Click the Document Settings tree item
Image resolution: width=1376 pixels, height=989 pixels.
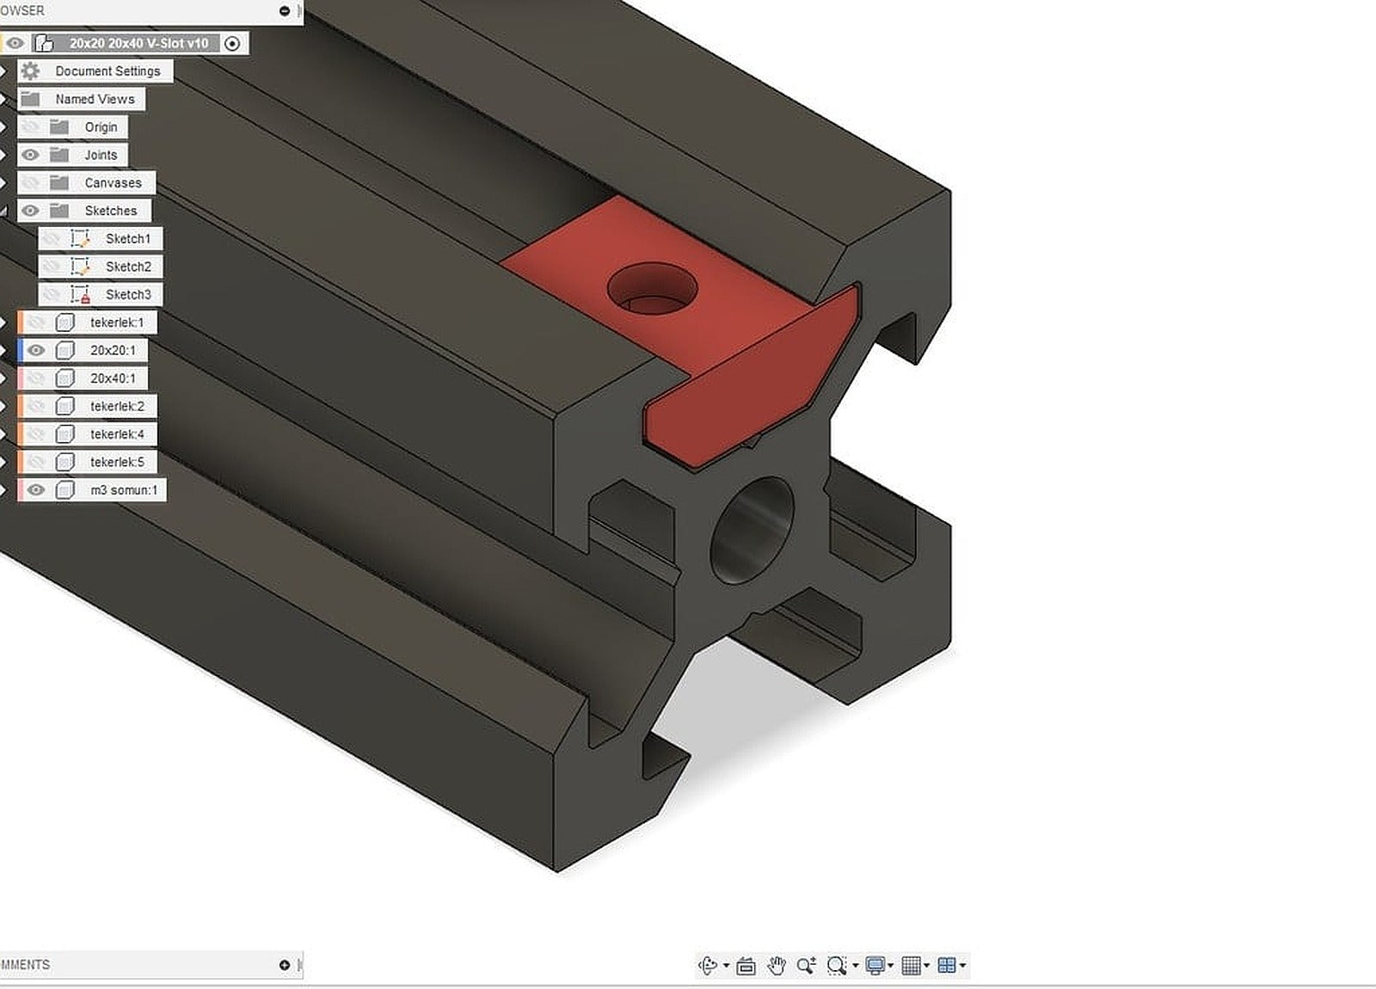[x=107, y=71]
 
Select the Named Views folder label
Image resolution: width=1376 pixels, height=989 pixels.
[x=95, y=99]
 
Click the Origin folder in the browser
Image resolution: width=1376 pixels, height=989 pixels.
[x=100, y=127]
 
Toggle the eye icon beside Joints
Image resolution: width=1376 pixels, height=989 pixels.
[x=31, y=155]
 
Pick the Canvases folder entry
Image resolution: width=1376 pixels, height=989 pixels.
[x=113, y=183]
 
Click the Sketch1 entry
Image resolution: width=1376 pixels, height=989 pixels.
[x=127, y=239]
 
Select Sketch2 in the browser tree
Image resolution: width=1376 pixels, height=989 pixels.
[x=128, y=267]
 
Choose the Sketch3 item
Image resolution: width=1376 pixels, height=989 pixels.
[x=128, y=295]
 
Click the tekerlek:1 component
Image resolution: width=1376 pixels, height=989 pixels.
[x=117, y=322]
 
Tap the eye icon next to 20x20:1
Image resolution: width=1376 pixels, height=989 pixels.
[x=35, y=350]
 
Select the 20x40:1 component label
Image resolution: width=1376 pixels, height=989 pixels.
[x=113, y=378]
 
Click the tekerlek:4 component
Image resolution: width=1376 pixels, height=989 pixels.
[x=117, y=434]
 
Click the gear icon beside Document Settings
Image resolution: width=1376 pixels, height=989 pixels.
[x=31, y=71]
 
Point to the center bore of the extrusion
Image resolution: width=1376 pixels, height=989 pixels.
[x=752, y=531]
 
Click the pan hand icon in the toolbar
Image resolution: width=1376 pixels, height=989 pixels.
[x=777, y=966]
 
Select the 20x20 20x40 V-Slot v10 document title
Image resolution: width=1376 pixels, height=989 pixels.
[x=138, y=43]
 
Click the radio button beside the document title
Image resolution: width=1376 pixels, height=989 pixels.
[x=232, y=43]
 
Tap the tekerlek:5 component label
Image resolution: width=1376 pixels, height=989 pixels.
[x=117, y=462]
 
